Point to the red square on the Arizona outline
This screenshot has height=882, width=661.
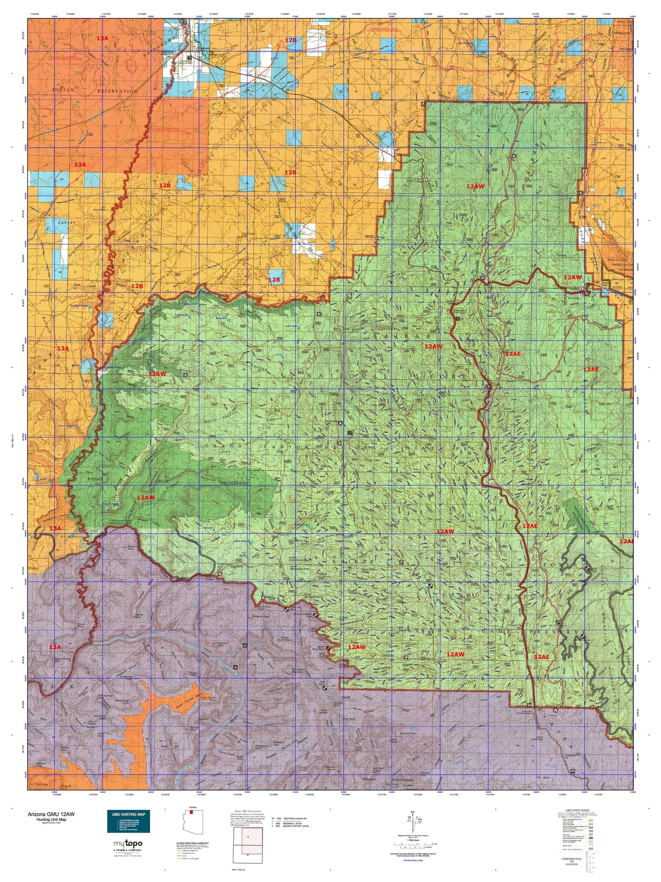pos(191,813)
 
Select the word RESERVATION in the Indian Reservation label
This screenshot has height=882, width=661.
pos(117,91)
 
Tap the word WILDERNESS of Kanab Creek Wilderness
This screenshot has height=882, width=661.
pos(234,483)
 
